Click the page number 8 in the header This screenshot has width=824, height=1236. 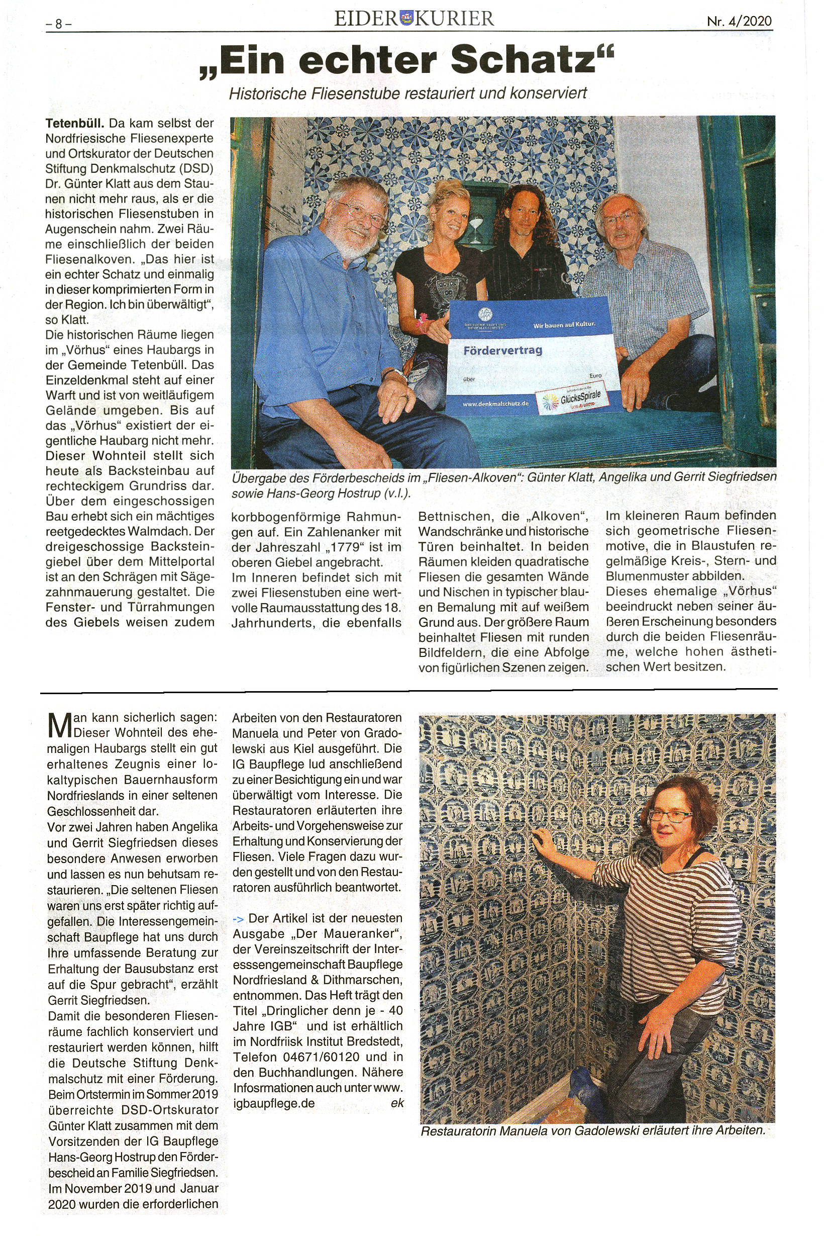click(x=58, y=24)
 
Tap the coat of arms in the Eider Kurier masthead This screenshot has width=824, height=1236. click(x=407, y=19)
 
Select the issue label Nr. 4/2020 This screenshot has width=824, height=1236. click(x=739, y=22)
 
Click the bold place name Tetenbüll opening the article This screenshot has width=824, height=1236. click(x=75, y=124)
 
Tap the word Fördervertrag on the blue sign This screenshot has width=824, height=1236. click(x=502, y=350)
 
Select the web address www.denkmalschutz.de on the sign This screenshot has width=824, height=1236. click(x=495, y=404)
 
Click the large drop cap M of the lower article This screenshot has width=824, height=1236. click(x=59, y=725)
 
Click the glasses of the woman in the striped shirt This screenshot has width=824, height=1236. click(x=671, y=815)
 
